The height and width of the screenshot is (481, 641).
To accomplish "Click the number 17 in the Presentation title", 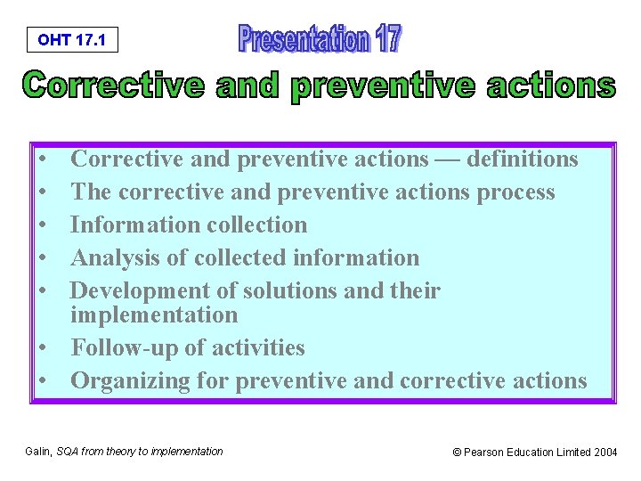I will [386, 39].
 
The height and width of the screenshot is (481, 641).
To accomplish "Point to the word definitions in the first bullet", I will [523, 159].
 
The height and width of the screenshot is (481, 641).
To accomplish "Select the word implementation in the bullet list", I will [154, 314].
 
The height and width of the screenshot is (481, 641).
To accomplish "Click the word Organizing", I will [125, 380].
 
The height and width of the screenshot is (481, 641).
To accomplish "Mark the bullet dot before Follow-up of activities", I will [43, 348].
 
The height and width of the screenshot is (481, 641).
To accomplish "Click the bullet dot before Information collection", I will [43, 225].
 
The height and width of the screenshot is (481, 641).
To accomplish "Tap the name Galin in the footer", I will [38, 452].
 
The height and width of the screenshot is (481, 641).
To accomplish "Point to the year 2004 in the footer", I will [605, 452].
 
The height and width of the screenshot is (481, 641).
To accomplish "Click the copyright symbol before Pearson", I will [458, 452].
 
